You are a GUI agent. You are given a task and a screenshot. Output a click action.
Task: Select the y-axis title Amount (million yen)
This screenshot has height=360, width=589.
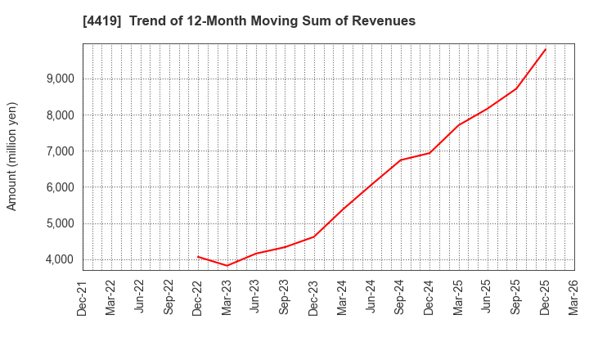(12, 156)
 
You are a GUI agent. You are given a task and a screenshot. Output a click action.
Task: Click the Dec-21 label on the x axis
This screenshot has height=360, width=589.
(83, 298)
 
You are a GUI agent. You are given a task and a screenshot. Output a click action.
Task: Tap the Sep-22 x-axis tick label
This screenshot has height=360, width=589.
(169, 298)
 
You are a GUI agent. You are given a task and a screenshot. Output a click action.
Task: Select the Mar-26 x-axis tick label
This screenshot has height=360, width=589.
(574, 298)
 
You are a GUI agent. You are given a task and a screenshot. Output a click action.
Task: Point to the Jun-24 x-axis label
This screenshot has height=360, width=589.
(371, 298)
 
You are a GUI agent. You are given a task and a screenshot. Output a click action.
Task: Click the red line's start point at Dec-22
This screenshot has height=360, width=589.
(198, 256)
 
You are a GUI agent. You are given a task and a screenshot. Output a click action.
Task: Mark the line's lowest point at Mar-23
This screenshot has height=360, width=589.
(227, 265)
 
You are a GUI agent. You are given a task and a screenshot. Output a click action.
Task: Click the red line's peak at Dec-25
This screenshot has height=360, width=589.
(546, 48)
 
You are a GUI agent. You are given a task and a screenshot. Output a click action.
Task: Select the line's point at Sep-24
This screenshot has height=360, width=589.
(401, 160)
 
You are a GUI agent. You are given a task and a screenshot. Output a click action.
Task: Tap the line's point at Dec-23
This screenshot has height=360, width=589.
(314, 236)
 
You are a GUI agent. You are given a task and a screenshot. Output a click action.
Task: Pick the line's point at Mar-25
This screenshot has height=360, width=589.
(458, 125)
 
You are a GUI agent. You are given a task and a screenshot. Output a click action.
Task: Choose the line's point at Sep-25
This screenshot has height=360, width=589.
(516, 88)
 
